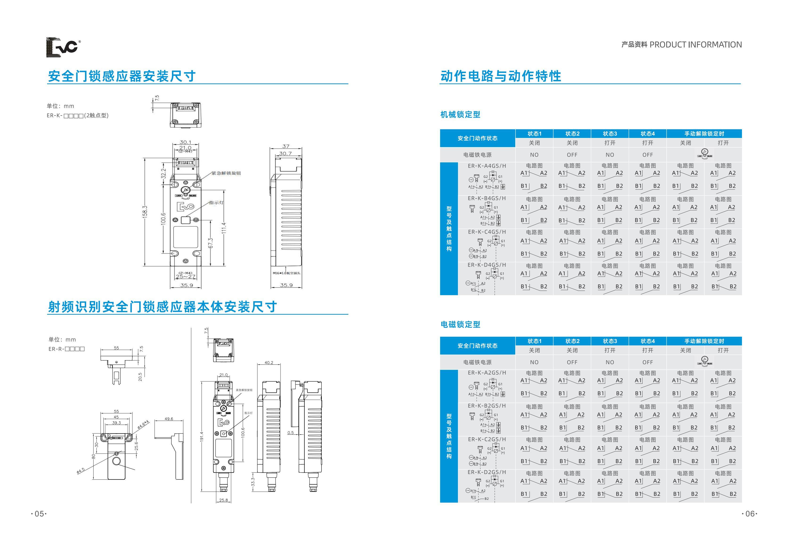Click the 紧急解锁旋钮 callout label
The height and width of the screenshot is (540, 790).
pyautogui.click(x=226, y=173)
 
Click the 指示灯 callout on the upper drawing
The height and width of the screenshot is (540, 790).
pyautogui.click(x=216, y=202)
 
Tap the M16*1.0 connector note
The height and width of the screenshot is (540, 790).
pyautogui.click(x=286, y=273)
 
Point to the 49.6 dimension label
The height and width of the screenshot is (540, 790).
pyautogui.click(x=169, y=419)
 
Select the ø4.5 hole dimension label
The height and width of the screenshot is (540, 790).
pyautogui.click(x=80, y=471)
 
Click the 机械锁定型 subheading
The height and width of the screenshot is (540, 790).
pyautogui.click(x=460, y=115)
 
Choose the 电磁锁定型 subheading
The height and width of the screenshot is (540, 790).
pyautogui.click(x=460, y=325)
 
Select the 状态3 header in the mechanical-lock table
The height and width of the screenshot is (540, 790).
pyautogui.click(x=610, y=134)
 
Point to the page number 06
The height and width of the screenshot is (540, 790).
pyautogui.click(x=750, y=514)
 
